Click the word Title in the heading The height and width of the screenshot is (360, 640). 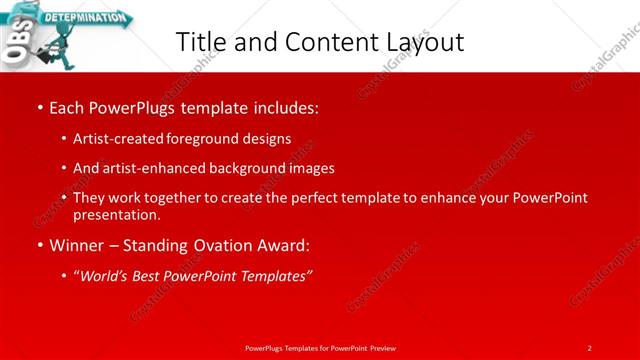coord(199,42)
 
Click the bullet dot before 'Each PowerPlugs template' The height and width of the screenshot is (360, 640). coord(38,106)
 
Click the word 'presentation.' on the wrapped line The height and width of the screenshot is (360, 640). coord(117,214)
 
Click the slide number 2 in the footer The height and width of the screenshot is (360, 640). coord(589,347)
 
